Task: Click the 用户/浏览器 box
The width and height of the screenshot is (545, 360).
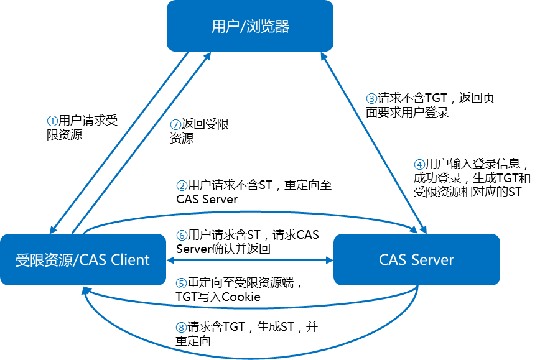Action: [249, 26]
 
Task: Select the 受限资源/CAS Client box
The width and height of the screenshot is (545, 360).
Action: [83, 259]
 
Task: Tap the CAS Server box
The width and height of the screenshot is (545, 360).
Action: [416, 259]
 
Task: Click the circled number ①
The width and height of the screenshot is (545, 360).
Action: [53, 121]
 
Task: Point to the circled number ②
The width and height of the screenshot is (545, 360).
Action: [182, 185]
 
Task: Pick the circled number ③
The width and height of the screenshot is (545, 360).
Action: [371, 99]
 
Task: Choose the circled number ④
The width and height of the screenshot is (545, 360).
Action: [420, 165]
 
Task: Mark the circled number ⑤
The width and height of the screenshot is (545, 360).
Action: [181, 283]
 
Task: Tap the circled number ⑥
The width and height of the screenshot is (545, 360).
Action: [182, 236]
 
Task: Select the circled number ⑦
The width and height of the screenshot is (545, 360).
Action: [175, 125]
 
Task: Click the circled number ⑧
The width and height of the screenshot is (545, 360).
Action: [181, 328]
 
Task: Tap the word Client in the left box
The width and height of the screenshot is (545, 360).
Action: [130, 259]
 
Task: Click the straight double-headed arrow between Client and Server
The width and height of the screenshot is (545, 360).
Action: [250, 260]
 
